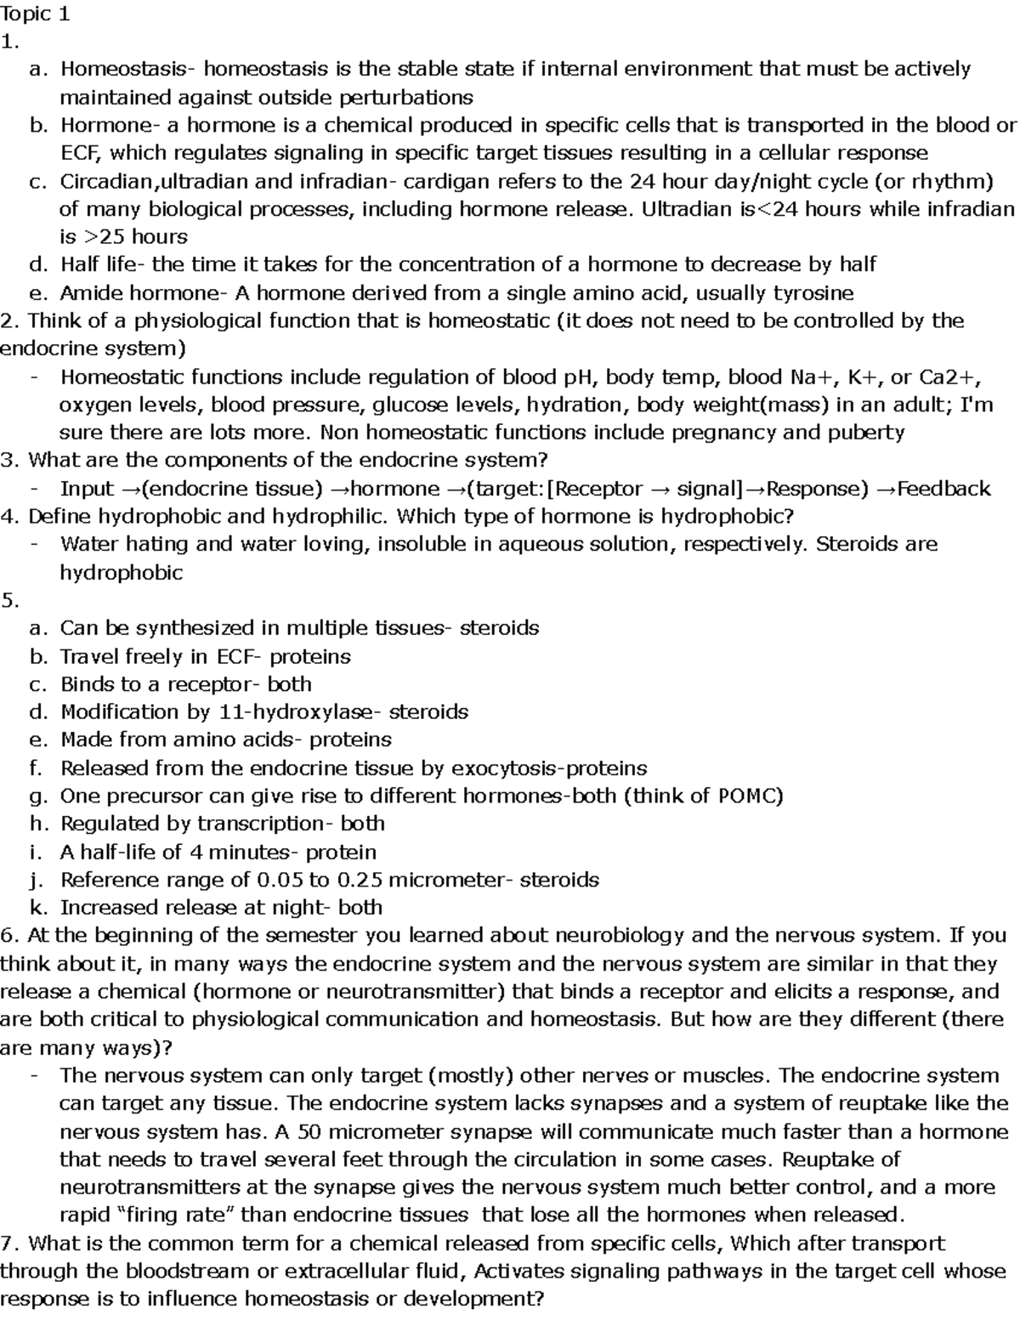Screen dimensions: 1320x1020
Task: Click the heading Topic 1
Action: (36, 14)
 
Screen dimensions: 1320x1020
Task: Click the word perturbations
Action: (406, 98)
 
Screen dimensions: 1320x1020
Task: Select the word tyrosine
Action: (812, 293)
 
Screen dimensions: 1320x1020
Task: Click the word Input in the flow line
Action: (87, 489)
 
